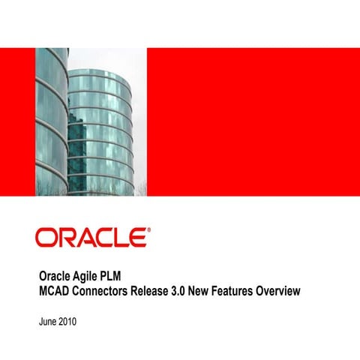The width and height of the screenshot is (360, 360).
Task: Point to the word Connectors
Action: point(105,290)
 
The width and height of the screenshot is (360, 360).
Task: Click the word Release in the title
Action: point(163,290)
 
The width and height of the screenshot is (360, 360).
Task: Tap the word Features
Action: point(259,290)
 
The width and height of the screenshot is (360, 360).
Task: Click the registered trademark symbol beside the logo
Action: point(148,232)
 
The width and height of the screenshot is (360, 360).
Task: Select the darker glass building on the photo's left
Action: point(51,120)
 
